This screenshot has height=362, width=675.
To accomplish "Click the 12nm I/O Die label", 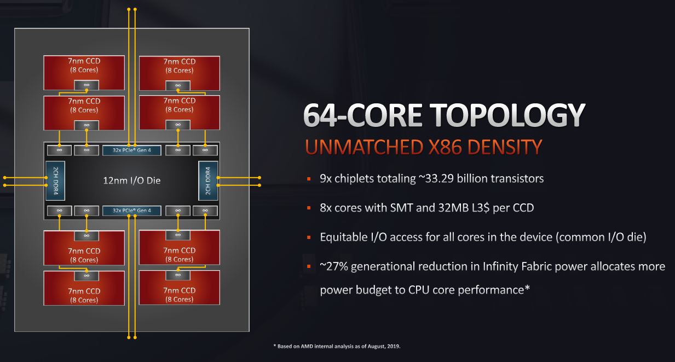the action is [132, 180].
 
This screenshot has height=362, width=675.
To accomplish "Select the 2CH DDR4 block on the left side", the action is [55, 181].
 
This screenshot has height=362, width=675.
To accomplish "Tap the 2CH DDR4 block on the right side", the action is [208, 181].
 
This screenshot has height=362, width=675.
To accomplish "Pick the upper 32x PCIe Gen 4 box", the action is [132, 150].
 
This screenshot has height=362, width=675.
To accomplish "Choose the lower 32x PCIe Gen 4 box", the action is [132, 211].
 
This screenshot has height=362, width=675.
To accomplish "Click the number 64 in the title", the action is [320, 115].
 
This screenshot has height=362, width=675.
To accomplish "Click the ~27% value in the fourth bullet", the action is [334, 267].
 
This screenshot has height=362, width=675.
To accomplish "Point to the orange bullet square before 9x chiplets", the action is [309, 179].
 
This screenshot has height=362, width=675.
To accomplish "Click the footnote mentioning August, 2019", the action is [337, 346].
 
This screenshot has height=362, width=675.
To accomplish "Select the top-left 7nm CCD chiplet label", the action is [84, 65].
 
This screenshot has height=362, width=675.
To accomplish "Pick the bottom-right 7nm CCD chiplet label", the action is [180, 295].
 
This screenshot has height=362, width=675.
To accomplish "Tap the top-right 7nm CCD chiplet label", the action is [180, 66].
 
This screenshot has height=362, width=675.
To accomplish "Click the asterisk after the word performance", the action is [527, 288].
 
